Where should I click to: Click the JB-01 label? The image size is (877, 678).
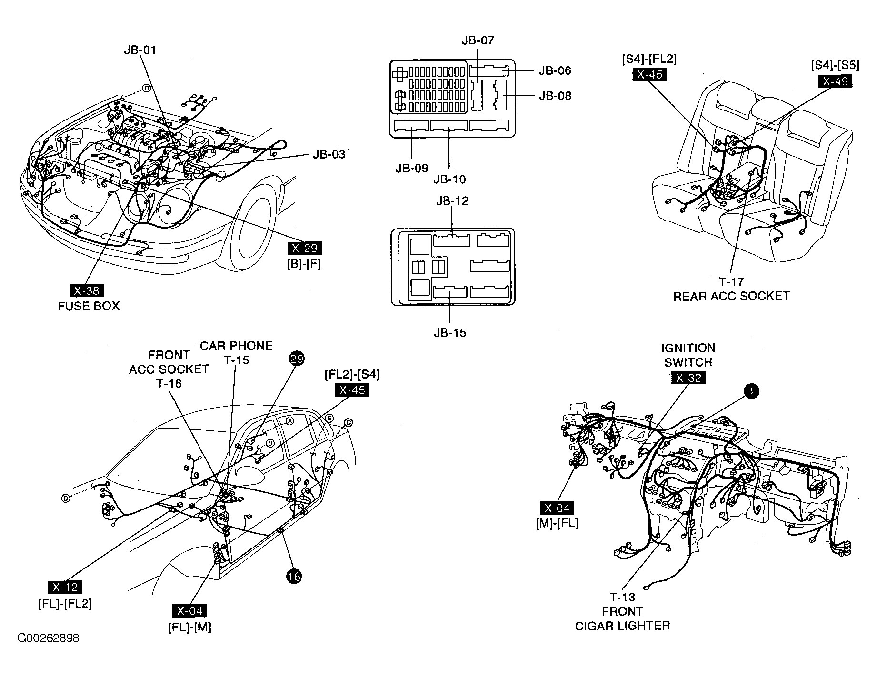click(140, 50)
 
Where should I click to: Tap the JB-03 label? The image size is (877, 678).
click(329, 154)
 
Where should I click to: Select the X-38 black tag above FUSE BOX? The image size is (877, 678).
click(86, 290)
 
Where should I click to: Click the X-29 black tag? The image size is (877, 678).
click(305, 248)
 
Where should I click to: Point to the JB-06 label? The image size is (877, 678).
click(555, 70)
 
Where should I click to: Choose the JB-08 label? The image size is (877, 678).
click(555, 96)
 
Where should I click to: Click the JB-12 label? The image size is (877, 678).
click(452, 201)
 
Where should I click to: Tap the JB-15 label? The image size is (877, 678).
click(450, 333)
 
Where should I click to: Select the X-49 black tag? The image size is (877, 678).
click(835, 81)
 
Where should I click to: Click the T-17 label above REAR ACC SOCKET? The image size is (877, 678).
click(731, 282)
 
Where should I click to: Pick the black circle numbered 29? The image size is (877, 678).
click(296, 359)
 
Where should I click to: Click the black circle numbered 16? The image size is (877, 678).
click(294, 577)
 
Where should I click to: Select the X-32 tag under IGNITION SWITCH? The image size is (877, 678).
click(688, 378)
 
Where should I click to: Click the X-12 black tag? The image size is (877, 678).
click(65, 588)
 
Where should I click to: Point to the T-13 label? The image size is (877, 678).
click(622, 597)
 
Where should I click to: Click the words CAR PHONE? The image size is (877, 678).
click(236, 346)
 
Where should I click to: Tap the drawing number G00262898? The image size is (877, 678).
click(48, 638)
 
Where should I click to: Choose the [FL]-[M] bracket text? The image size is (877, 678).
click(189, 627)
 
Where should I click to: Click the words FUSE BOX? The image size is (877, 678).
click(89, 306)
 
